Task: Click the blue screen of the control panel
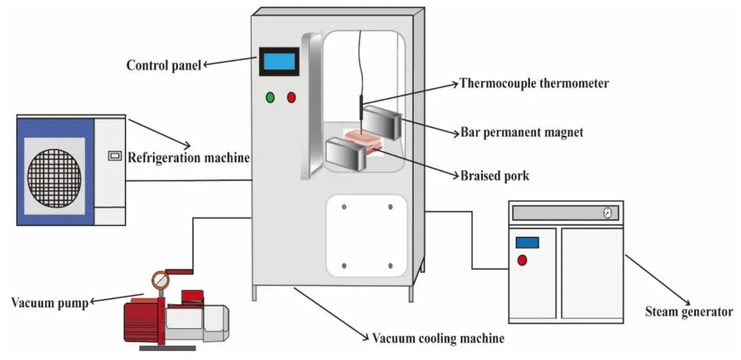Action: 278,62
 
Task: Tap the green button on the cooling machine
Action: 271,98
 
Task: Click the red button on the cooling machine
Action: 292,98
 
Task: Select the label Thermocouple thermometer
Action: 534,84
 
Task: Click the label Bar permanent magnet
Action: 521,132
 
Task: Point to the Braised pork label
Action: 494,176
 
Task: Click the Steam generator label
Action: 689,311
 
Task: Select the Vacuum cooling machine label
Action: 438,338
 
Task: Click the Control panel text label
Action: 164,64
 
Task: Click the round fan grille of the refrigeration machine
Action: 55,178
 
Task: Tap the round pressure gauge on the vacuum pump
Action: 161,281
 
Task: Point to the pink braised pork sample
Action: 362,140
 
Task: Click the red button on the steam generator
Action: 521,260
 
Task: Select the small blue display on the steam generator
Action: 527,243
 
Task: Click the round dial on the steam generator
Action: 607,213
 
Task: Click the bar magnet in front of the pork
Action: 346,154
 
